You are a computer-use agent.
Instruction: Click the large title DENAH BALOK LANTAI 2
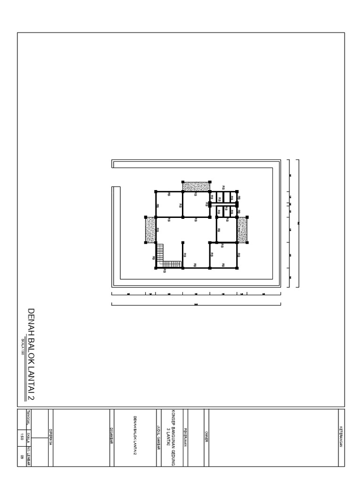point(32,353)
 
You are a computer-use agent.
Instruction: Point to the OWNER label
point(206,437)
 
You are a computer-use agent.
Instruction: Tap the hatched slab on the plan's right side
point(243,230)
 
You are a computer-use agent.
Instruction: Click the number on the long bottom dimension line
point(196,304)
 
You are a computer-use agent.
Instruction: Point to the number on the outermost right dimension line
point(299,223)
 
